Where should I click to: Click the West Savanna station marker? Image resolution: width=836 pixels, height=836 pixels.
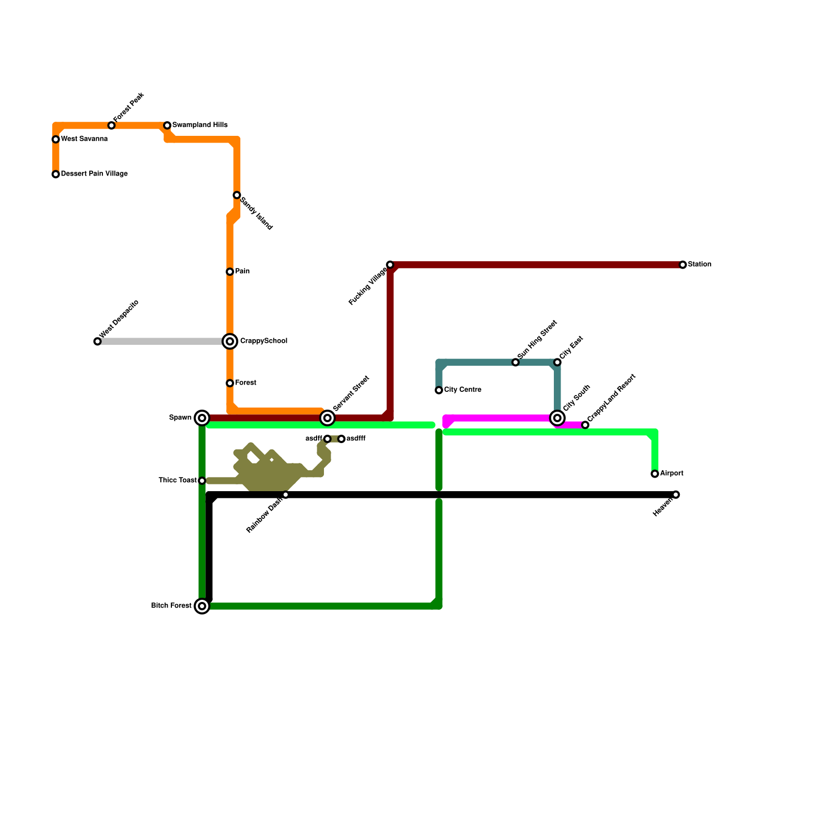[55, 140]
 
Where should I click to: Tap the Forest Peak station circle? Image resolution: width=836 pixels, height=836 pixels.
[111, 125]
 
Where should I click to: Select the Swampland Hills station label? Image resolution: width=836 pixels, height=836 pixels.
[200, 125]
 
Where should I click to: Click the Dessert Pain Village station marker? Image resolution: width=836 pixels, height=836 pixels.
[55, 175]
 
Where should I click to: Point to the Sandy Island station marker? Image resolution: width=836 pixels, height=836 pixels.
[237, 195]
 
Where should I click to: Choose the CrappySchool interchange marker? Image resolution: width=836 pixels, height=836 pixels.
[230, 342]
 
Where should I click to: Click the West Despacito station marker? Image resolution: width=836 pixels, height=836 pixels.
[97, 342]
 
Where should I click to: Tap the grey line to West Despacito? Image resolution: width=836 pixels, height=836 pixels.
[162, 342]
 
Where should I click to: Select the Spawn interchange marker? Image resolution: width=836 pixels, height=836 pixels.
[202, 418]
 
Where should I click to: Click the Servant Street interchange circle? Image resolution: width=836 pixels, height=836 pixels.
[328, 418]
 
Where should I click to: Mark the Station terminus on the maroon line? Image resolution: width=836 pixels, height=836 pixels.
[683, 265]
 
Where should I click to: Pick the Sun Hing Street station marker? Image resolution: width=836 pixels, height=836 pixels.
[516, 363]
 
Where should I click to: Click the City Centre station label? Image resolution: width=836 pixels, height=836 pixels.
[462, 390]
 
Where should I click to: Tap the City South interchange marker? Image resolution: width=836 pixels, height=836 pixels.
[558, 418]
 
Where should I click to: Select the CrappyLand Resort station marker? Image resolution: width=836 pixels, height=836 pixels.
[585, 425]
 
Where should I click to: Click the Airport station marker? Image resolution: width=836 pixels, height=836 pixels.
[655, 474]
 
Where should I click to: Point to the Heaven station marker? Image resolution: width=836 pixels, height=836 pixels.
[676, 495]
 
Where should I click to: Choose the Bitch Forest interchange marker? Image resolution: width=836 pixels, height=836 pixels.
[202, 606]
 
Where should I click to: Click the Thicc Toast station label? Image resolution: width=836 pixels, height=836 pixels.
[178, 481]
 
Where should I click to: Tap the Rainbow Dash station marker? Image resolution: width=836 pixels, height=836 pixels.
[285, 495]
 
